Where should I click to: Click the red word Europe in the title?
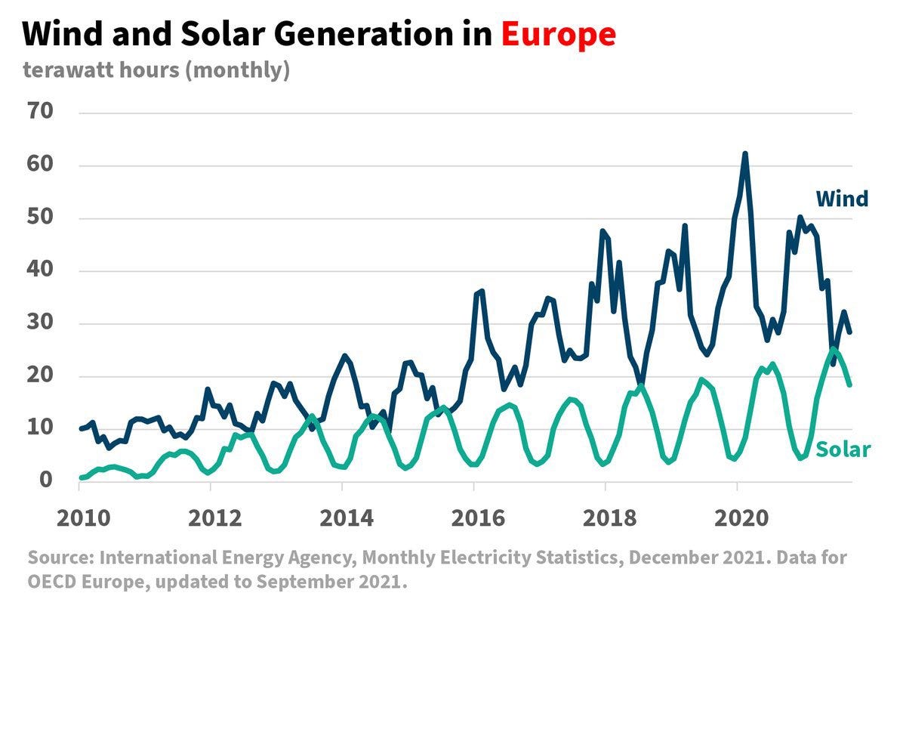[x=558, y=35]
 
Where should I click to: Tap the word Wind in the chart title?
[x=63, y=33]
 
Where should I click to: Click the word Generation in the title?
[x=363, y=33]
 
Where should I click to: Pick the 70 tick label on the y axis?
[x=40, y=111]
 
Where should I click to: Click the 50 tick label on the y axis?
[x=40, y=217]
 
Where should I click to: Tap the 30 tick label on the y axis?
[x=40, y=322]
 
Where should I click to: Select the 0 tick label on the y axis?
[x=46, y=480]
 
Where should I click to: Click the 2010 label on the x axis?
[x=83, y=518]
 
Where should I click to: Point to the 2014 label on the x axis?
[x=347, y=518]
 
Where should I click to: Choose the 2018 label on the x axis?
[x=609, y=518]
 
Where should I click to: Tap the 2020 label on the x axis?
[x=741, y=518]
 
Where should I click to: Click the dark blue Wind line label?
[x=842, y=199]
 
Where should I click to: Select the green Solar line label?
[x=843, y=449]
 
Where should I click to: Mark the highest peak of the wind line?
[x=745, y=153]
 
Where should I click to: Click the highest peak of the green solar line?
[x=833, y=349]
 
